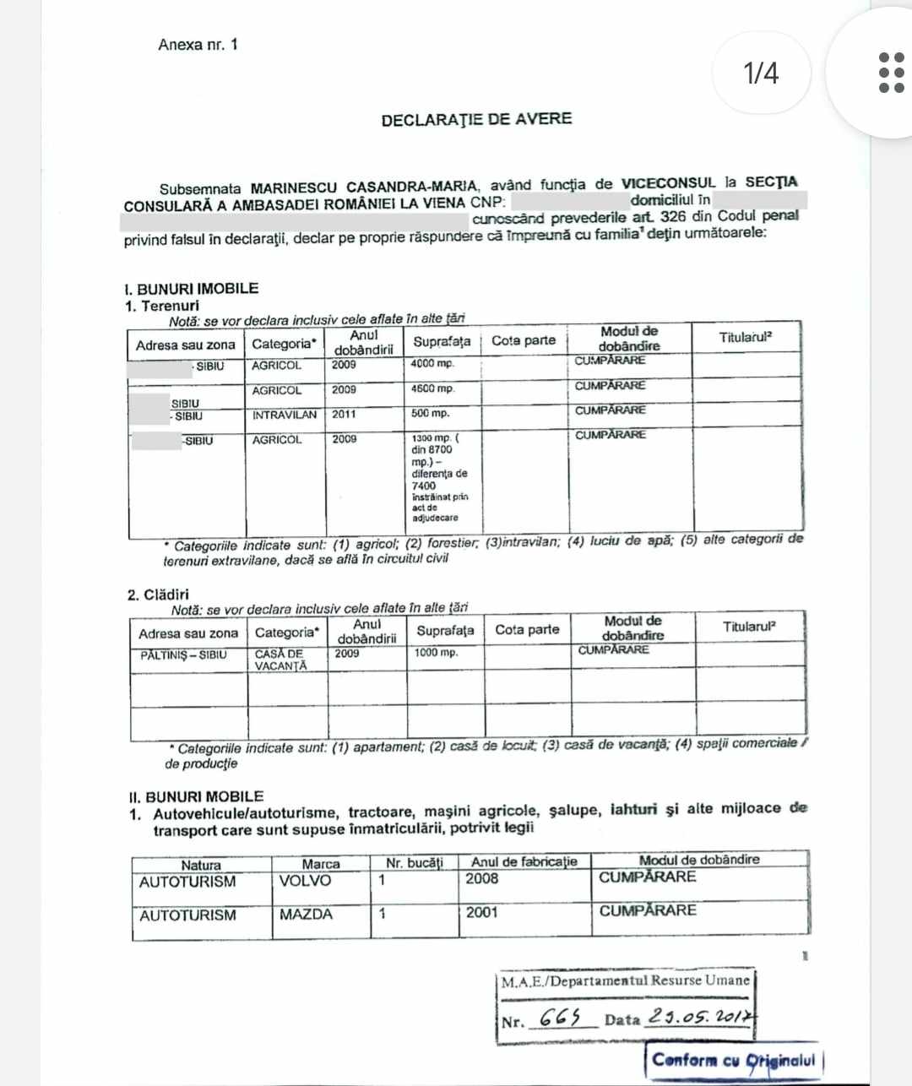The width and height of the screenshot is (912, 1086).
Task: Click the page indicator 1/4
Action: coord(761,73)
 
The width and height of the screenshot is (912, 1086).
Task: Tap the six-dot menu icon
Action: coord(891,73)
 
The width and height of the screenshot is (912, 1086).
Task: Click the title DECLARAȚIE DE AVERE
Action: coord(476,119)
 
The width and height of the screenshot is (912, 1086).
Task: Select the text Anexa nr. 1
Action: coord(198,45)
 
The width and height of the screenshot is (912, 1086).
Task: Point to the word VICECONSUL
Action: coord(668,182)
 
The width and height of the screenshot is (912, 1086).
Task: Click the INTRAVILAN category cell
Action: coord(285,415)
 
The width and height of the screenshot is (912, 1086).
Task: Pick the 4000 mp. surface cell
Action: coord(432,364)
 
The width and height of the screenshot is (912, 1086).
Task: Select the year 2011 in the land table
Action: coord(344,415)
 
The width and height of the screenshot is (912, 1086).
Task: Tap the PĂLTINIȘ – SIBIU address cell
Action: coord(183,654)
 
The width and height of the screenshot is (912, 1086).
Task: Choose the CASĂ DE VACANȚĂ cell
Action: coord(280,660)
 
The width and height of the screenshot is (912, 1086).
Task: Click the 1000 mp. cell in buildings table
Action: coord(436,653)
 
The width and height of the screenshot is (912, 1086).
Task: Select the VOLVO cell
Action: coord(305,881)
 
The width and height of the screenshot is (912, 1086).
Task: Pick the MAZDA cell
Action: coord(306,914)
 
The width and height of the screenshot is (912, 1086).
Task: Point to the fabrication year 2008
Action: coord(482,879)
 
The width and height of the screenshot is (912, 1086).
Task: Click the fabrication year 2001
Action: coord(482,912)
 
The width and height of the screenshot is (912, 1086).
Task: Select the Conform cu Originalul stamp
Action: coord(734,1061)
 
